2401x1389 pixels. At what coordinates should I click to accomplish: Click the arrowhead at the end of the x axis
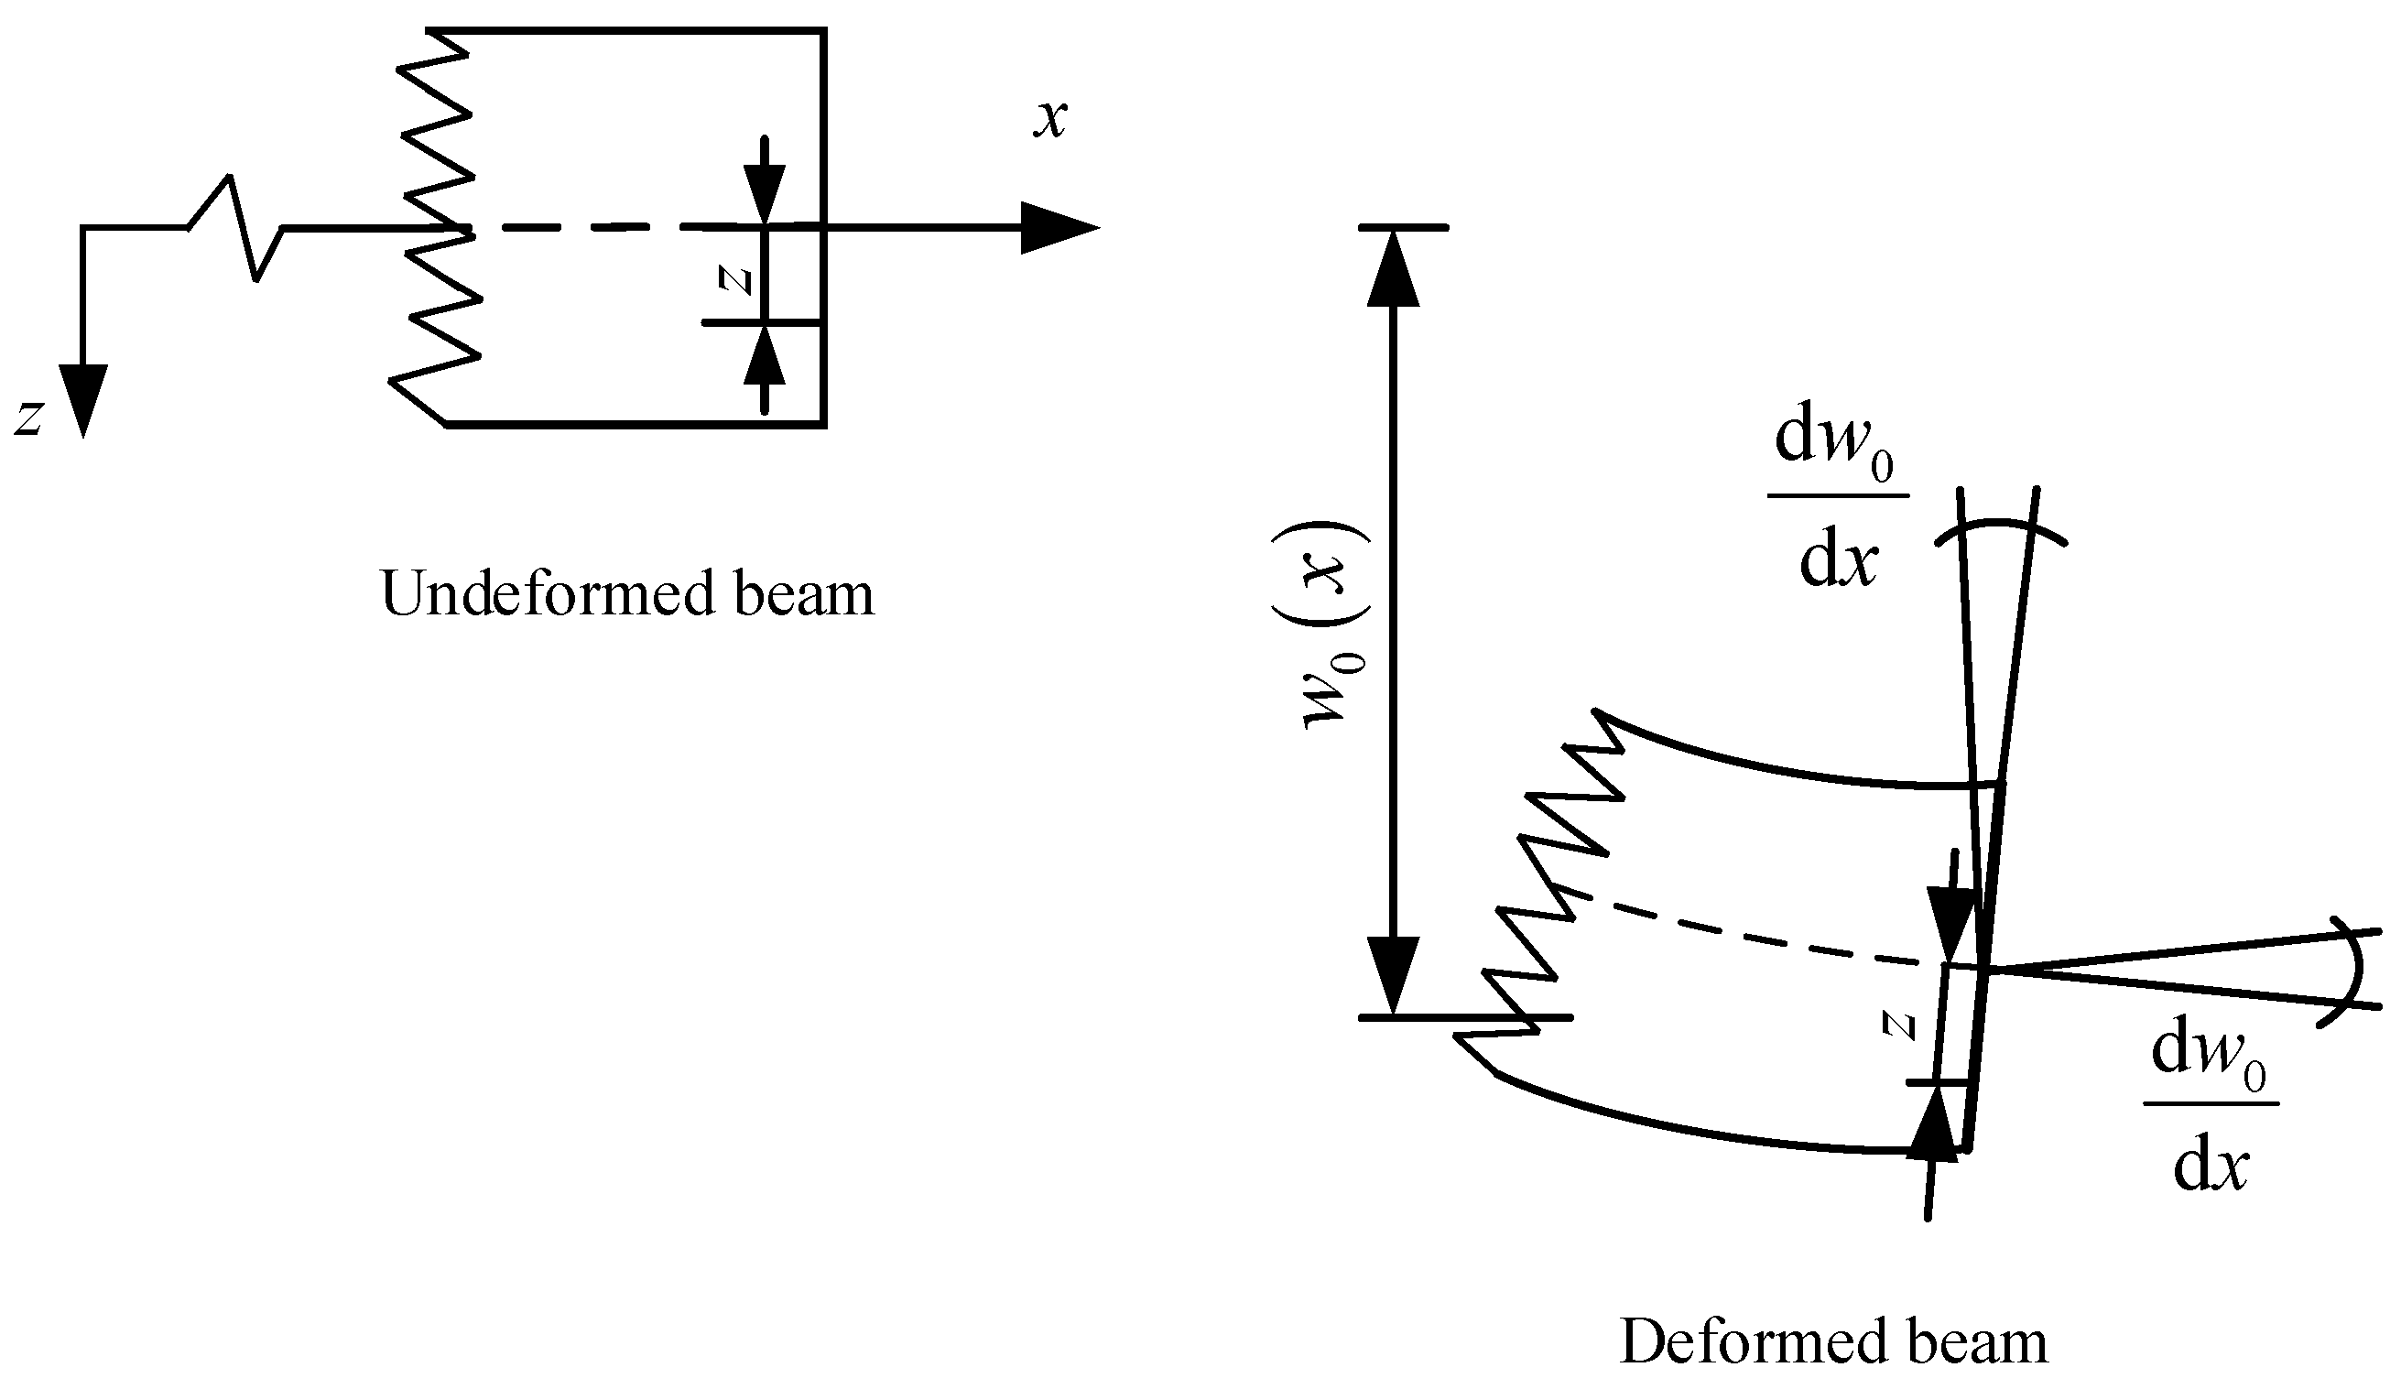point(1058,228)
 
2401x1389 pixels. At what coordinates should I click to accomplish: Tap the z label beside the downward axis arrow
point(28,418)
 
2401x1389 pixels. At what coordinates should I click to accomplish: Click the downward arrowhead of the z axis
point(83,400)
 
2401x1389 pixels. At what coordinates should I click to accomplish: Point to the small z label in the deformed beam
point(1900,1025)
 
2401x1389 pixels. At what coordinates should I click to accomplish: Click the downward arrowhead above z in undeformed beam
point(764,195)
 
